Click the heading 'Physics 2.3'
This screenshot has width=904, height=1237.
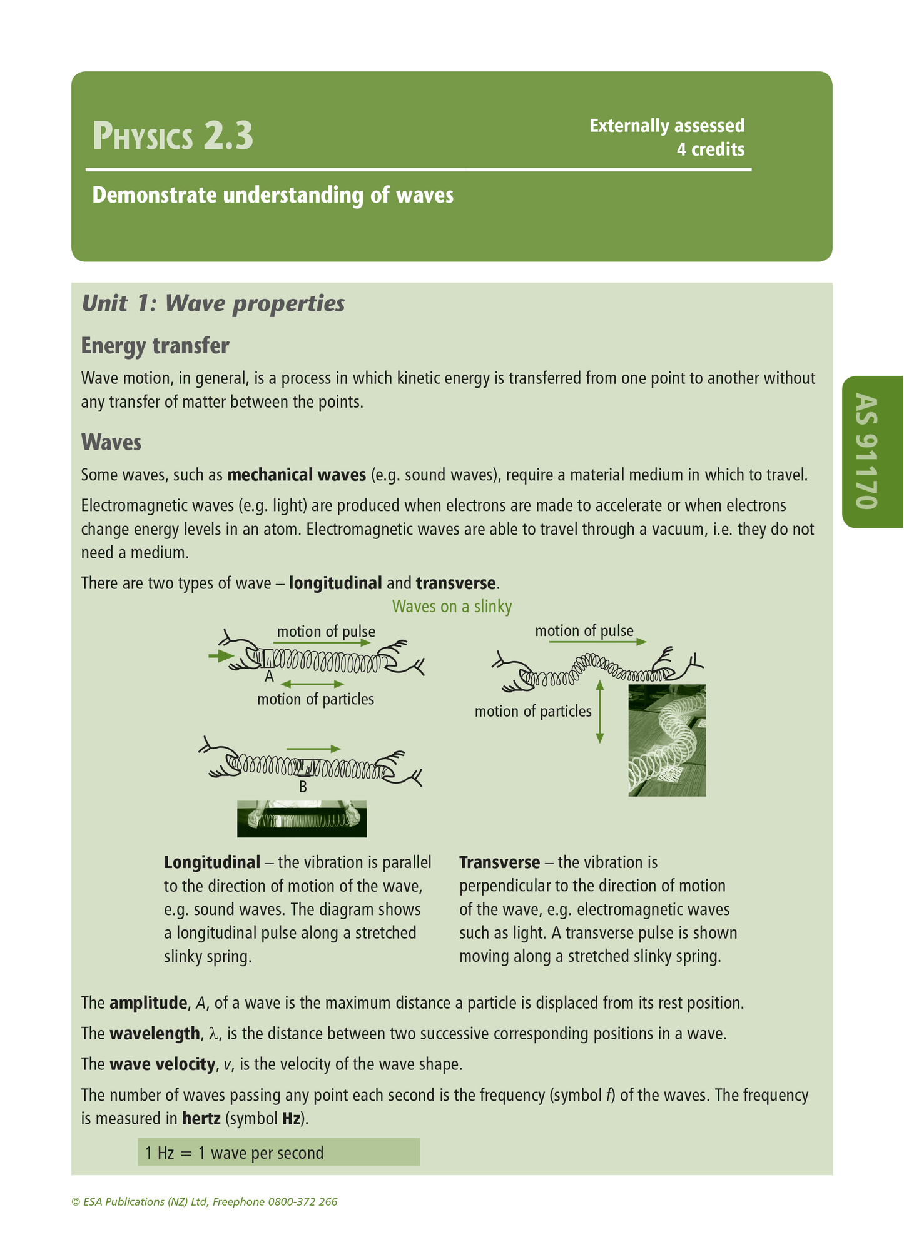tap(173, 136)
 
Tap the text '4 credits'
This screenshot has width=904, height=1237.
tap(710, 149)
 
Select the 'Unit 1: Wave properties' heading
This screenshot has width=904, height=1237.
tap(213, 303)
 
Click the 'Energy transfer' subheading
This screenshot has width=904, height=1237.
tap(155, 345)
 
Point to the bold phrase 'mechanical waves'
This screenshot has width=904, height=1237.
tap(297, 475)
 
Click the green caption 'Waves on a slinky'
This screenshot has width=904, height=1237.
tap(452, 606)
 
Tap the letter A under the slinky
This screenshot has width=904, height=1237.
tap(269, 676)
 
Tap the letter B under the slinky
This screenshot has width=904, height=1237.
tap(303, 787)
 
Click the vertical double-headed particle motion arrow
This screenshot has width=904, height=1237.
tap(599, 711)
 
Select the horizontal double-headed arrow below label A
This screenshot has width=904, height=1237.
tap(312, 684)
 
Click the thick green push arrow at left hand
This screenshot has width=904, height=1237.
tap(220, 656)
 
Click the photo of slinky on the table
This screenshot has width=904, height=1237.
tap(667, 740)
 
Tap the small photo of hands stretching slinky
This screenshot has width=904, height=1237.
tap(302, 819)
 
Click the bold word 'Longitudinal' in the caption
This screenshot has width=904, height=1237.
tap(211, 862)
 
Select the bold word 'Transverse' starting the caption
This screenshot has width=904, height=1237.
tap(499, 862)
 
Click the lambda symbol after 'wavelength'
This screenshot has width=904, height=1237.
tap(214, 1034)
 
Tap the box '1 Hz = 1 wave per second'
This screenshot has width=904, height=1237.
tap(278, 1153)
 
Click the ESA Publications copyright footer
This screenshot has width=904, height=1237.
tap(205, 1201)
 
